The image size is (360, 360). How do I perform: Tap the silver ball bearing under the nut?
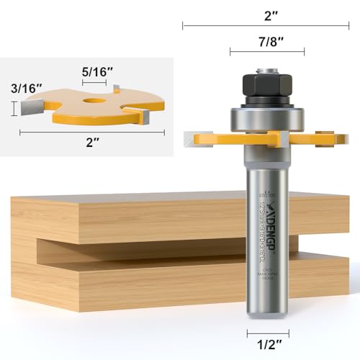pyautogui.click(x=267, y=117)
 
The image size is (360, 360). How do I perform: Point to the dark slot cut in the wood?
pyautogui.click(x=144, y=248)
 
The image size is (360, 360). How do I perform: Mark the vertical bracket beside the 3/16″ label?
pyautogui.click(x=14, y=109)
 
